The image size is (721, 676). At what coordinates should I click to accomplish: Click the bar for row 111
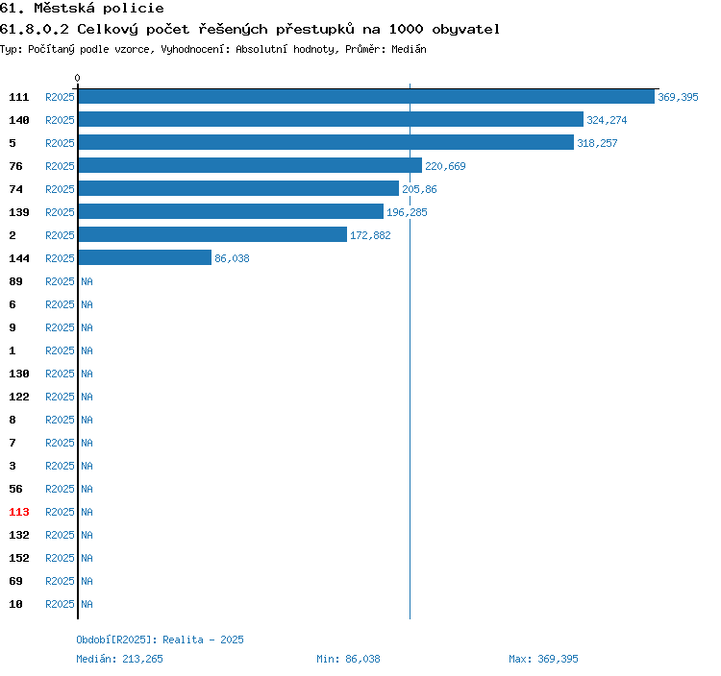point(366,96)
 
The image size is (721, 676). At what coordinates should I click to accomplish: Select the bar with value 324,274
point(331,119)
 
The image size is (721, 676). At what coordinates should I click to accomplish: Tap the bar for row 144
point(145,257)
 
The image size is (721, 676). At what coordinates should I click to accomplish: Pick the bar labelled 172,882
point(212,234)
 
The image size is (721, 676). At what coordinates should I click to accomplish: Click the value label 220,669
point(445,166)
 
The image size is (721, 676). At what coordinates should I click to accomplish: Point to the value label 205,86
point(419,189)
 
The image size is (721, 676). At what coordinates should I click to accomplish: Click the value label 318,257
point(597,143)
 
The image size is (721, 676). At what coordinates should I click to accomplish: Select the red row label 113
point(19,512)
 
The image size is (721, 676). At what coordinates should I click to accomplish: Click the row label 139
point(19,212)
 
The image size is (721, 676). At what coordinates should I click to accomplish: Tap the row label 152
point(19,558)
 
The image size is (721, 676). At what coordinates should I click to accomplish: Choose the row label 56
point(15,489)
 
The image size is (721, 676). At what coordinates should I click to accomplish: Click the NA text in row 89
point(87,281)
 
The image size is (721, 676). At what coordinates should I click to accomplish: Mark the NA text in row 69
point(87,581)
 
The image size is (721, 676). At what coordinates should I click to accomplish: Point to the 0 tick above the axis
point(77,78)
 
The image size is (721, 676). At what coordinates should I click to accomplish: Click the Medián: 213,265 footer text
point(119,659)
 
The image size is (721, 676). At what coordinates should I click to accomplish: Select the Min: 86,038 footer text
point(348,659)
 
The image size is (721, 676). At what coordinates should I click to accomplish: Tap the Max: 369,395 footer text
point(543,659)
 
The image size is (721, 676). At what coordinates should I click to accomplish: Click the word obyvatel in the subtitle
point(465,30)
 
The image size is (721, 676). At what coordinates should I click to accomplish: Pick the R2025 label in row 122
point(60,397)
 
